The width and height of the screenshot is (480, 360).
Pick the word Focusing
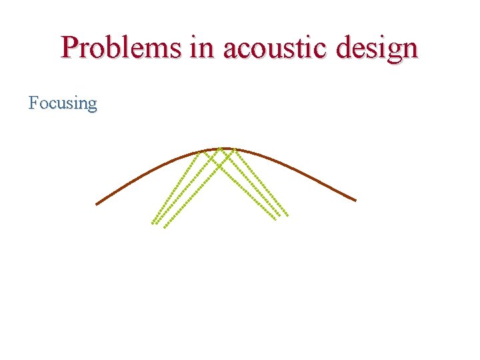[63, 103]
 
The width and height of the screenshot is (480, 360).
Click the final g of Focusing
[92, 105]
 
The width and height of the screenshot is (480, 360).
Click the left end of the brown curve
[97, 204]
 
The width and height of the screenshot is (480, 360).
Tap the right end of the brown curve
[356, 200]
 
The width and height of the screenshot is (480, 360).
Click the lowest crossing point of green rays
[219, 165]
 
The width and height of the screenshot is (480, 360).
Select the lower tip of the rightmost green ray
[287, 215]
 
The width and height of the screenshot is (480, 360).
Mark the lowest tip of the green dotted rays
[165, 227]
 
